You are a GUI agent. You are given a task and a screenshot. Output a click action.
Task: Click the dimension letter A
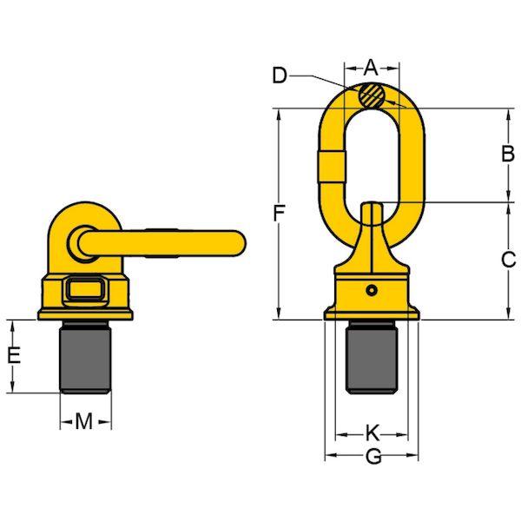371,68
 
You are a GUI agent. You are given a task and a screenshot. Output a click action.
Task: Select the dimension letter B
508,154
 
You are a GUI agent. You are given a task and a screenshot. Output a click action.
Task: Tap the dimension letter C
508,260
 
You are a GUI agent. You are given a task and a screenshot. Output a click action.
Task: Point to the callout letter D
280,76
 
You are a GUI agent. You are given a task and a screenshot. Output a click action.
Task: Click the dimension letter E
14,355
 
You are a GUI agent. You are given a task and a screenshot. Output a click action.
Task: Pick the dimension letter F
279,214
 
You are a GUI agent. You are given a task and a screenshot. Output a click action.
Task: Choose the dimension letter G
373,458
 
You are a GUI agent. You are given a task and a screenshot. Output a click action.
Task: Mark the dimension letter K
373,432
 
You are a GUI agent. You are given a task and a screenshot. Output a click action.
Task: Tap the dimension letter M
83,421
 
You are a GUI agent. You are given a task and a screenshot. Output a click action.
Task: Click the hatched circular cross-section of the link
372,96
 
